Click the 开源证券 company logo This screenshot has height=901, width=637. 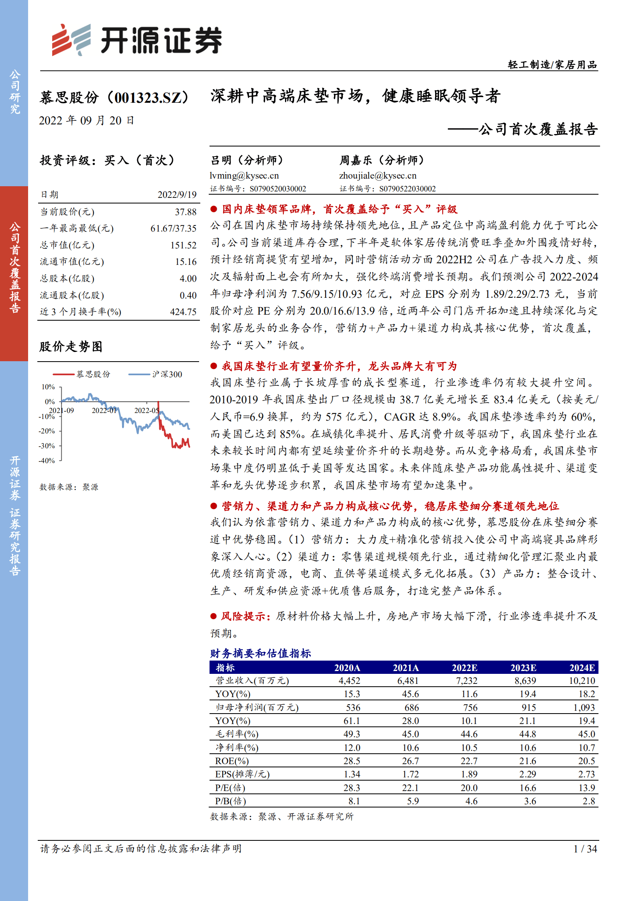click(136, 40)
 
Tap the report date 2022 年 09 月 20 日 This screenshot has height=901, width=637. click(86, 120)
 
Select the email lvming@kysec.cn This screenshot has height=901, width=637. click(244, 175)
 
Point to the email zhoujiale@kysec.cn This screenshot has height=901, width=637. click(378, 175)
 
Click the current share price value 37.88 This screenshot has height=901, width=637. click(185, 212)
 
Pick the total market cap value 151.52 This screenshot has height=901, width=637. click(183, 245)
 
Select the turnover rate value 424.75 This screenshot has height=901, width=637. click(183, 312)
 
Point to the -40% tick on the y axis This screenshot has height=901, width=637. click(47, 461)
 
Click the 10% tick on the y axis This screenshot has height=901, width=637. click(48, 387)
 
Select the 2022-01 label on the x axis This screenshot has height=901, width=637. click(104, 411)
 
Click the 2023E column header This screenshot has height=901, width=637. click(523, 668)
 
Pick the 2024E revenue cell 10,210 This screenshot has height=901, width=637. click(582, 681)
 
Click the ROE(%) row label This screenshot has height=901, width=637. click(232, 761)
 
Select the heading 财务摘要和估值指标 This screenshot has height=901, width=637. click(260, 653)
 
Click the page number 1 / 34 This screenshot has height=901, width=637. click(585, 849)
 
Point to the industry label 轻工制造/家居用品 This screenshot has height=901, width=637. click(552, 65)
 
